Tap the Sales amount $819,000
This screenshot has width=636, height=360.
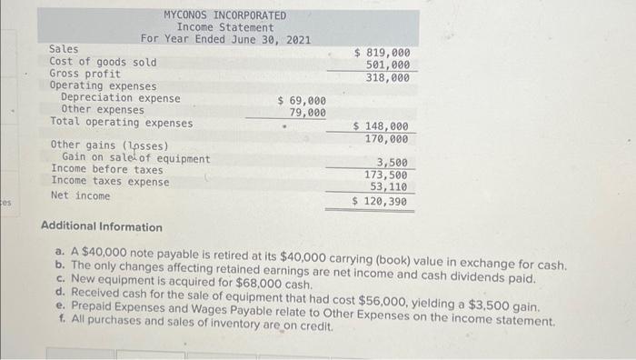coord(381,53)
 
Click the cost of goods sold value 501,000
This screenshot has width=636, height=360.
coord(387,65)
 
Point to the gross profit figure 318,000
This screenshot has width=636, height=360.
coord(387,77)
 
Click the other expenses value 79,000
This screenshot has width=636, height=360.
coord(307,112)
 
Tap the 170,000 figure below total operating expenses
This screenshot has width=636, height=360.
coord(387,139)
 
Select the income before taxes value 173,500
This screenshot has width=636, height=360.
coord(387,174)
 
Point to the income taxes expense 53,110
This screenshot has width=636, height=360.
coord(390,186)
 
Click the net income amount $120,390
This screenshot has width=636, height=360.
coord(381,201)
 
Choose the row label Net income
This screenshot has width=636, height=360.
coord(80,195)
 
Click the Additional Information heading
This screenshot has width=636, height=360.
coord(102,227)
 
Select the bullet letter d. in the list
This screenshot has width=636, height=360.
coord(59,293)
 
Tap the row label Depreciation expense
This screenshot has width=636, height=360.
coord(120,98)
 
